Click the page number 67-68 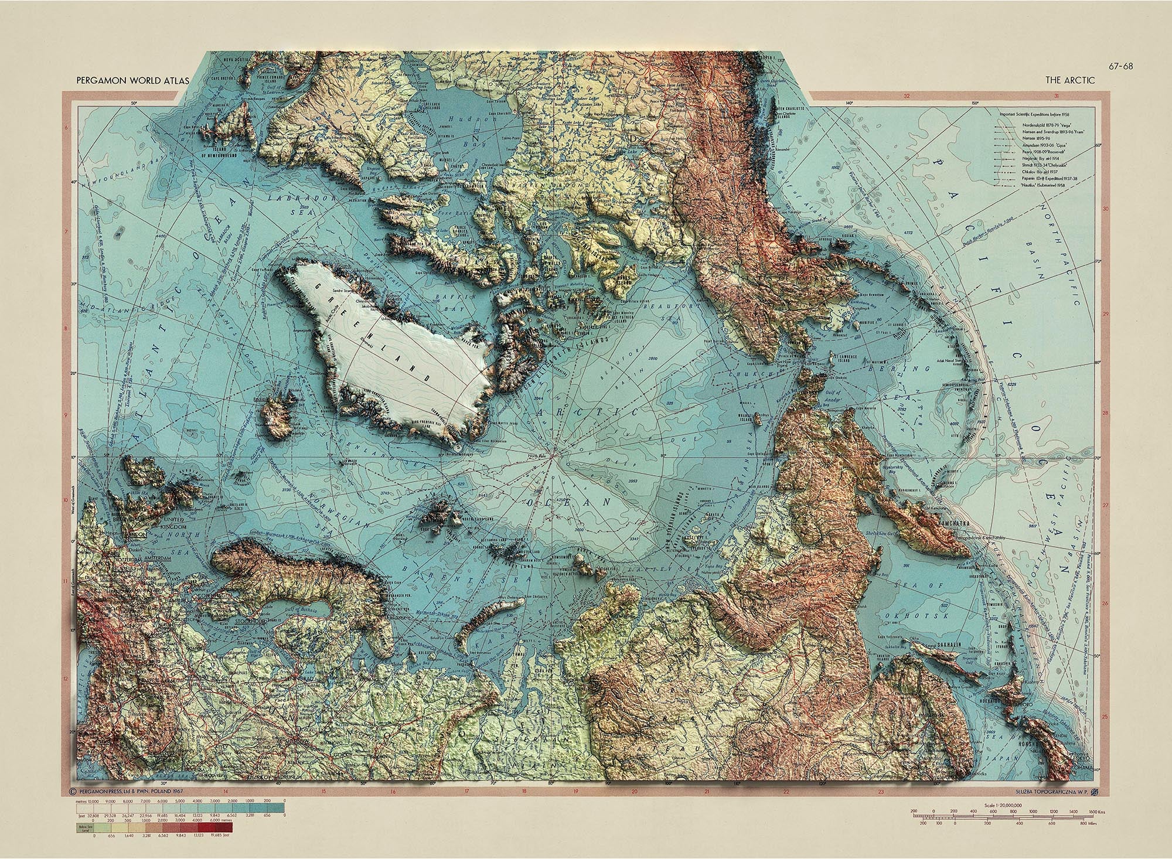(x=1120, y=66)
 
